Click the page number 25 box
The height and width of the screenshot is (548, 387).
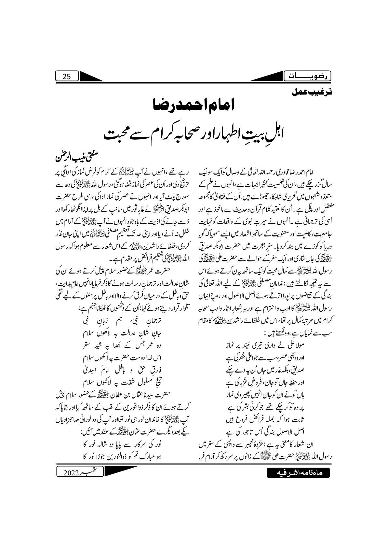pos(67,77)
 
